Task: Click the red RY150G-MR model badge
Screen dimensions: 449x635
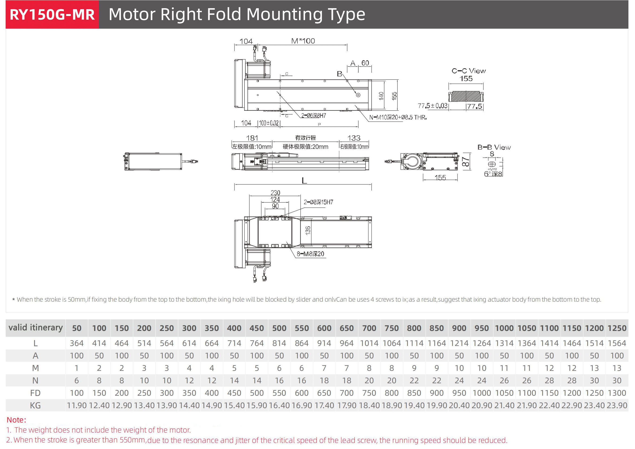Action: [x=52, y=14]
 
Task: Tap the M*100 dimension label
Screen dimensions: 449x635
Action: [x=303, y=41]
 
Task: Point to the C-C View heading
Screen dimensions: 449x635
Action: [x=468, y=71]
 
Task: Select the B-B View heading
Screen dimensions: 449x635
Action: [x=494, y=147]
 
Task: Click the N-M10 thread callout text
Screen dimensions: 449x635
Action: [x=398, y=117]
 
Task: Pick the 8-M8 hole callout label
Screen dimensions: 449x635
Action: [x=310, y=254]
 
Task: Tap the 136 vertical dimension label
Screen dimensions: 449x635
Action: [x=308, y=230]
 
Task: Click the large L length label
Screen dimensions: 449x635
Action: [x=304, y=181]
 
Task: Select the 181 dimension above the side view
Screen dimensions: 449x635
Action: [x=252, y=138]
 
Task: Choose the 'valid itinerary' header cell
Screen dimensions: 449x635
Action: [x=36, y=328]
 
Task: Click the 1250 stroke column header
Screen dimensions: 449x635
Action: [x=617, y=328]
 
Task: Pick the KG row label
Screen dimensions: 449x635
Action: [x=35, y=406]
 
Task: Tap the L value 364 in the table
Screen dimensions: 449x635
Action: [x=77, y=343]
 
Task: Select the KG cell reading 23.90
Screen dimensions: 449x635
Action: [x=617, y=406]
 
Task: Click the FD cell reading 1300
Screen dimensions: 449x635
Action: [x=617, y=393]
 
